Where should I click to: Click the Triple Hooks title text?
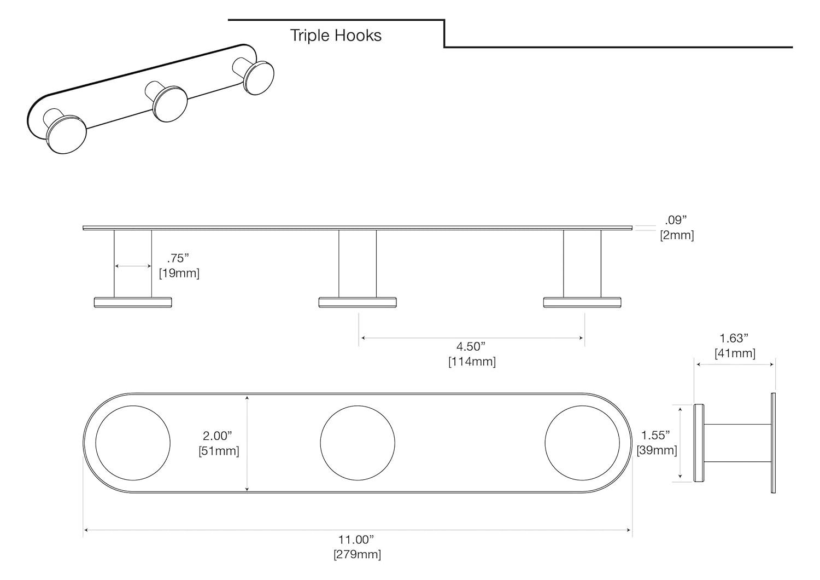click(x=335, y=36)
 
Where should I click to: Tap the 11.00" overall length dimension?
click(x=357, y=540)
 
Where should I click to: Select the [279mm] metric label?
click(x=357, y=554)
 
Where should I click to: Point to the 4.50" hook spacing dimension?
click(x=471, y=346)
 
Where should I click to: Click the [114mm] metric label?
click(x=472, y=361)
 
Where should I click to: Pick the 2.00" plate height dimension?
click(x=218, y=436)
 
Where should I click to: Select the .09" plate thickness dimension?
click(x=676, y=220)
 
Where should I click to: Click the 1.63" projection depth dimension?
click(x=734, y=339)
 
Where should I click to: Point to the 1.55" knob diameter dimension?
click(x=655, y=436)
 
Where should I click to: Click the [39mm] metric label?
click(x=657, y=450)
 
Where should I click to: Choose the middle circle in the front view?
click(x=357, y=443)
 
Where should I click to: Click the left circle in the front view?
click(x=133, y=443)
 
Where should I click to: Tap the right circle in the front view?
click(x=582, y=443)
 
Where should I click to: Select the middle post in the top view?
click(x=358, y=263)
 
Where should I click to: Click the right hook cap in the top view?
click(x=583, y=302)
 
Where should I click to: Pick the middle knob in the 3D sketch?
click(x=169, y=103)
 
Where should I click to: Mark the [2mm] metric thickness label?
click(x=677, y=235)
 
